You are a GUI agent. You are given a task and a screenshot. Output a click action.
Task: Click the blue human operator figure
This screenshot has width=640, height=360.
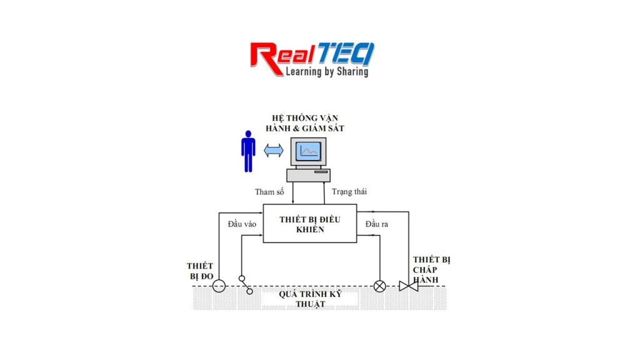point(248,151)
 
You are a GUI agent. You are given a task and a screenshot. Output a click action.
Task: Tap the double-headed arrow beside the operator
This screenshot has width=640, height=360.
point(274,150)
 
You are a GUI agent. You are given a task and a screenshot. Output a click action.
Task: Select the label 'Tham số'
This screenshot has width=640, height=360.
point(269,192)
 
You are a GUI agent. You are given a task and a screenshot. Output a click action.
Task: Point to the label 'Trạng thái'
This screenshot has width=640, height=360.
point(349,192)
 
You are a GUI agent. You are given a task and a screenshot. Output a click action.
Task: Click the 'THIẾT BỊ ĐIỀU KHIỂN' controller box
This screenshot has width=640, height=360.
point(310,224)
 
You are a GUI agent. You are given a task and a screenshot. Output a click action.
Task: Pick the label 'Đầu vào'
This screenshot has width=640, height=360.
point(242,224)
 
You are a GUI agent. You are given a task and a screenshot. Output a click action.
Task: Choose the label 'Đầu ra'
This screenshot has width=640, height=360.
point(377,224)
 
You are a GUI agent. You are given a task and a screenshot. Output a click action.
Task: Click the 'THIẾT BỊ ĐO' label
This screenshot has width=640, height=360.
point(201,271)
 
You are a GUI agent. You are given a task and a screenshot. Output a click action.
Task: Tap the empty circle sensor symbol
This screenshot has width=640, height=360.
point(219,286)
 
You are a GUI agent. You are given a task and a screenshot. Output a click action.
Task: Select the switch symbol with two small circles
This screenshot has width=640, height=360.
point(246,285)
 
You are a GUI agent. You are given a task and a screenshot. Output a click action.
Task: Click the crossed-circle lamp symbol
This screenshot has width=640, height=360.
point(379,286)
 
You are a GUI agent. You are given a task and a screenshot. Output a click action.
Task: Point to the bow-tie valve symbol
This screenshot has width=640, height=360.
point(409,286)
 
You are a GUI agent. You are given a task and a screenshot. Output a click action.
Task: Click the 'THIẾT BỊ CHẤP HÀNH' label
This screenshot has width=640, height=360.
point(431,270)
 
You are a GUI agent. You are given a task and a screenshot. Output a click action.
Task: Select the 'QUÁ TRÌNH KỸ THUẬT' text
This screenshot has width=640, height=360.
point(310,299)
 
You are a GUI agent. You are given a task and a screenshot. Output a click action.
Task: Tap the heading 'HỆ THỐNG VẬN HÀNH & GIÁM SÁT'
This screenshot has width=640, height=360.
point(305,123)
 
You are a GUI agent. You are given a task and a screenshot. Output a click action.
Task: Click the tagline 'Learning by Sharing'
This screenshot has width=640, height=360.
point(327,72)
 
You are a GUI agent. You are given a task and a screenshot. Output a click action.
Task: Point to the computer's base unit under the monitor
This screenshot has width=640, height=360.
point(309,175)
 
